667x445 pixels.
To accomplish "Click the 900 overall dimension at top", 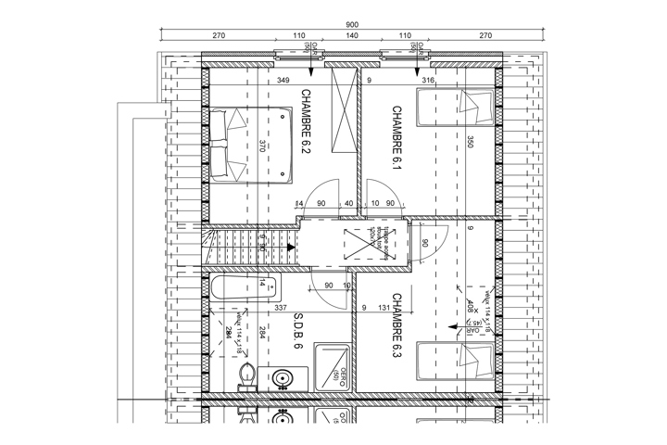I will [352, 25].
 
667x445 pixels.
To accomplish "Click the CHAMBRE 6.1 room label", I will [396, 137].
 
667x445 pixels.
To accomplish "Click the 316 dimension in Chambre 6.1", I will [428, 81].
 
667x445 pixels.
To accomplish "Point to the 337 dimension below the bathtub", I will [282, 308].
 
